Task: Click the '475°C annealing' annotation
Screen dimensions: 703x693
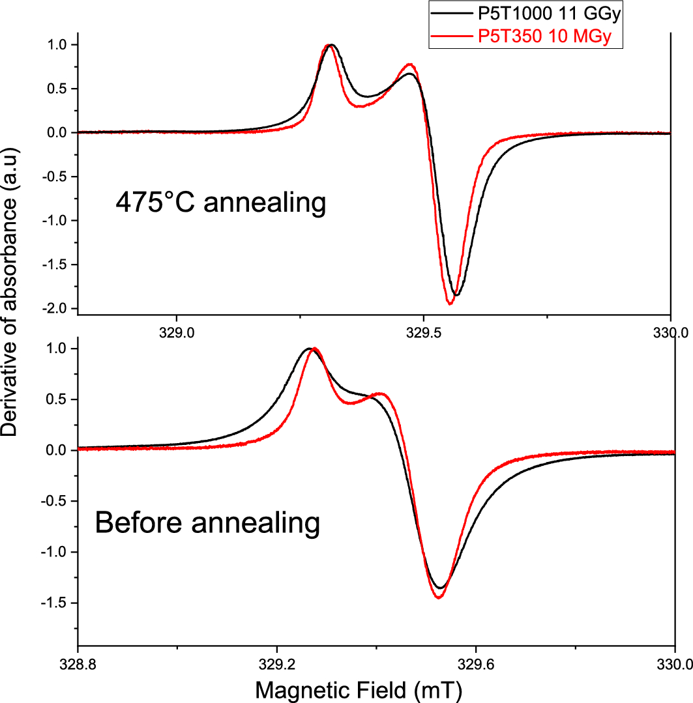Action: click(x=220, y=203)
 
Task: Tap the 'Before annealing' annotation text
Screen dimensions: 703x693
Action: click(x=207, y=523)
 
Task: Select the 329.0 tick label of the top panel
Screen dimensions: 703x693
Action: click(x=177, y=332)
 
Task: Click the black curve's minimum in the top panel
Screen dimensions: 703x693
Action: click(x=456, y=295)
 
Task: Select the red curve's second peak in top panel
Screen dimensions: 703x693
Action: click(x=410, y=64)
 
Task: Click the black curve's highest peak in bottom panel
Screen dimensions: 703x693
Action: click(x=308, y=349)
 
